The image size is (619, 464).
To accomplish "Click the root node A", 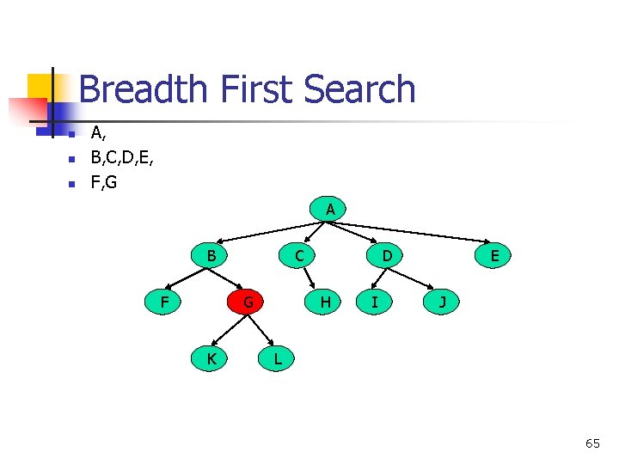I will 330,209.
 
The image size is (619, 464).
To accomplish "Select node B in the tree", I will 211,255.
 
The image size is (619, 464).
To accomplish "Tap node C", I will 298,255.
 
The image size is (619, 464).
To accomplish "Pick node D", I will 387,255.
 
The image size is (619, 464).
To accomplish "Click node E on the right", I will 494,255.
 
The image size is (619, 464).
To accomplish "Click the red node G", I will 248,302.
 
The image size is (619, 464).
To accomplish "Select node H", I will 325,302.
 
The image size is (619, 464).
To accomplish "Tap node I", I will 374,302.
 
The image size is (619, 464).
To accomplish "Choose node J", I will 442,302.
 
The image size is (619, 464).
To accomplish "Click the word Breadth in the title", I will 144,90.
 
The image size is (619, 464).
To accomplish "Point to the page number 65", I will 592,443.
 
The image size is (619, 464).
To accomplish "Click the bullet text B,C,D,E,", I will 123,158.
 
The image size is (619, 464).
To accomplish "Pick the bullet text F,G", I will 104,182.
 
